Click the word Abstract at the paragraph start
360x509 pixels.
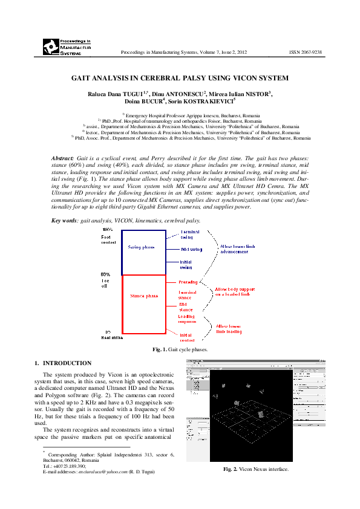point(63,158)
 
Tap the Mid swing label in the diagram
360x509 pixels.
point(191,249)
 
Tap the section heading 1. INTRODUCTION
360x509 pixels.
point(63,363)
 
